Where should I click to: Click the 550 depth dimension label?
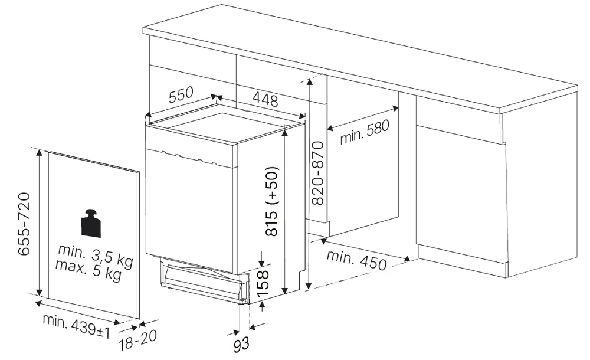181,94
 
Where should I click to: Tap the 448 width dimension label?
265,99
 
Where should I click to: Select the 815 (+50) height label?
271,201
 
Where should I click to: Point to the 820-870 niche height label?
317,174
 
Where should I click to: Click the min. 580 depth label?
364,132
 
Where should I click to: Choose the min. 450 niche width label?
356,260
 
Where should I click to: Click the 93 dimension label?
241,344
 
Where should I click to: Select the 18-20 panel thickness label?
138,340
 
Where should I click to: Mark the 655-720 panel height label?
24,224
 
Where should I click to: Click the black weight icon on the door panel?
91,223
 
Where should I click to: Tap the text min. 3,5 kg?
96,256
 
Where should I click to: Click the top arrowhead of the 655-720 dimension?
39,152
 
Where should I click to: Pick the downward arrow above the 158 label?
262,259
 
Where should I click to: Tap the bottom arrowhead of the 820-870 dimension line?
309,286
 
